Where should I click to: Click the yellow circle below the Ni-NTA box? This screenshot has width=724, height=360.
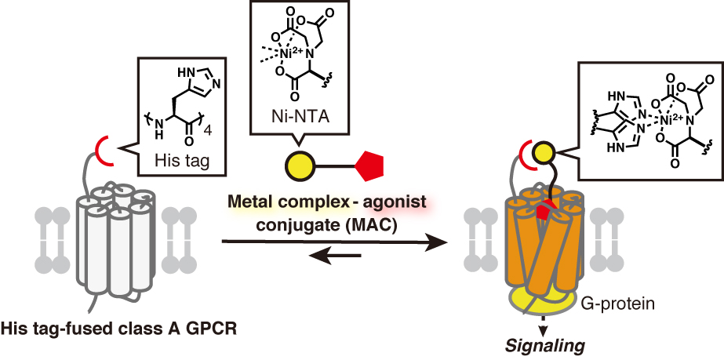[x=299, y=165]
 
